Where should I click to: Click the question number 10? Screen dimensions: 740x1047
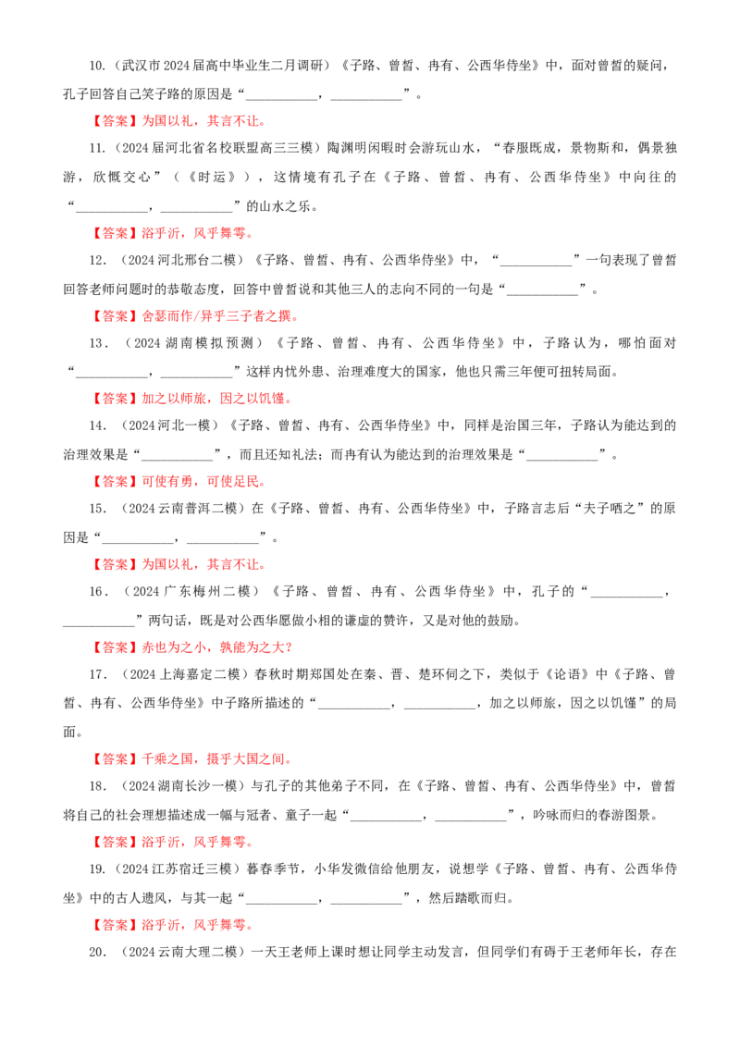pyautogui.click(x=97, y=66)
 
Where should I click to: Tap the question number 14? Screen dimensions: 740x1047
pyautogui.click(x=97, y=425)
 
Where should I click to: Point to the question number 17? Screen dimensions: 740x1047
pyautogui.click(x=97, y=674)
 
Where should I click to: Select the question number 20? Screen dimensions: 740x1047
pyautogui.click(x=97, y=952)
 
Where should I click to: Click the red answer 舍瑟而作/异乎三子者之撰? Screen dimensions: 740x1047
pyautogui.click(x=220, y=315)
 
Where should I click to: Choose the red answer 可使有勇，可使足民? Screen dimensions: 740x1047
pyautogui.click(x=203, y=482)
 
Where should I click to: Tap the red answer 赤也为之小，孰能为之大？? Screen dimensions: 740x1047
pyautogui.click(x=217, y=647)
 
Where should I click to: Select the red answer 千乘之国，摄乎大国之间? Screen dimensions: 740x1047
pyautogui.click(x=216, y=758)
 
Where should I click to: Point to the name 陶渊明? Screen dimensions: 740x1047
pyautogui.click(x=347, y=148)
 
